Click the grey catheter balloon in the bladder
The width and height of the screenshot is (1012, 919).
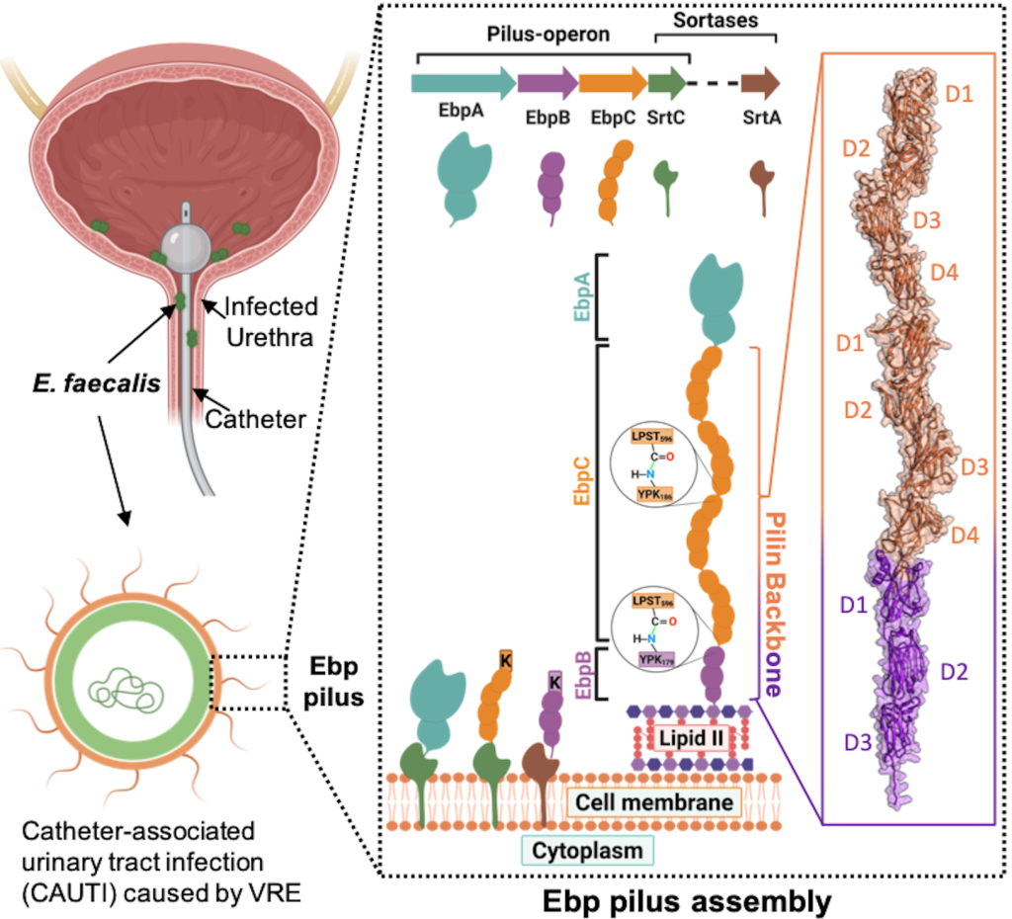pos(188,241)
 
